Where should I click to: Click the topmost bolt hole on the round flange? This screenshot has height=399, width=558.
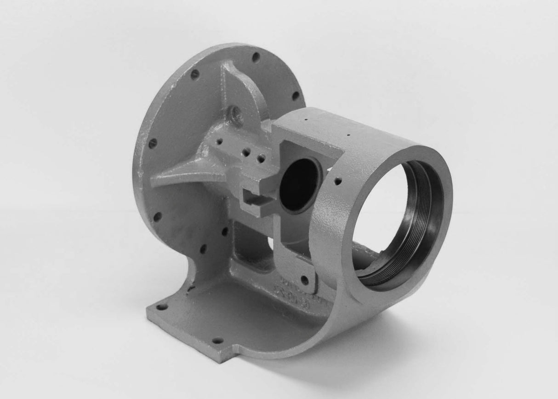[256, 57]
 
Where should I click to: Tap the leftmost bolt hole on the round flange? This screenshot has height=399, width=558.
[153, 143]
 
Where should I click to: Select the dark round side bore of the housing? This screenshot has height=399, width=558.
[299, 184]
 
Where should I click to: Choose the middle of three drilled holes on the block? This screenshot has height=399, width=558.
[247, 152]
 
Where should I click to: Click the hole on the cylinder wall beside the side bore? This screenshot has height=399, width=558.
[338, 181]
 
